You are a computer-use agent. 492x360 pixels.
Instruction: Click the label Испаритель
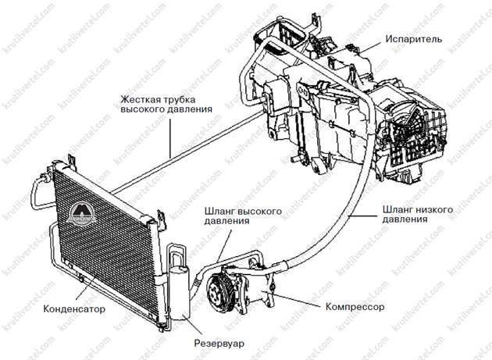(414, 39)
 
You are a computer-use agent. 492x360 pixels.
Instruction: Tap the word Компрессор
(355, 306)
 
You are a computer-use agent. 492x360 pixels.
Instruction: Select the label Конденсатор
(74, 308)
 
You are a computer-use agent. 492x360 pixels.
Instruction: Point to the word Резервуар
(219, 344)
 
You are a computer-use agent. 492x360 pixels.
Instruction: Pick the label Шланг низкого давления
(418, 214)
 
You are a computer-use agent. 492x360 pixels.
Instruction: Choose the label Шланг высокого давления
(243, 216)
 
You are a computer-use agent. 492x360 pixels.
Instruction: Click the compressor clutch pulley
(218, 293)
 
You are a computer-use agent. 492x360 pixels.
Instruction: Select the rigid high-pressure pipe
(188, 152)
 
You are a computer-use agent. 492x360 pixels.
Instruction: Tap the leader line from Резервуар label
(194, 325)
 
